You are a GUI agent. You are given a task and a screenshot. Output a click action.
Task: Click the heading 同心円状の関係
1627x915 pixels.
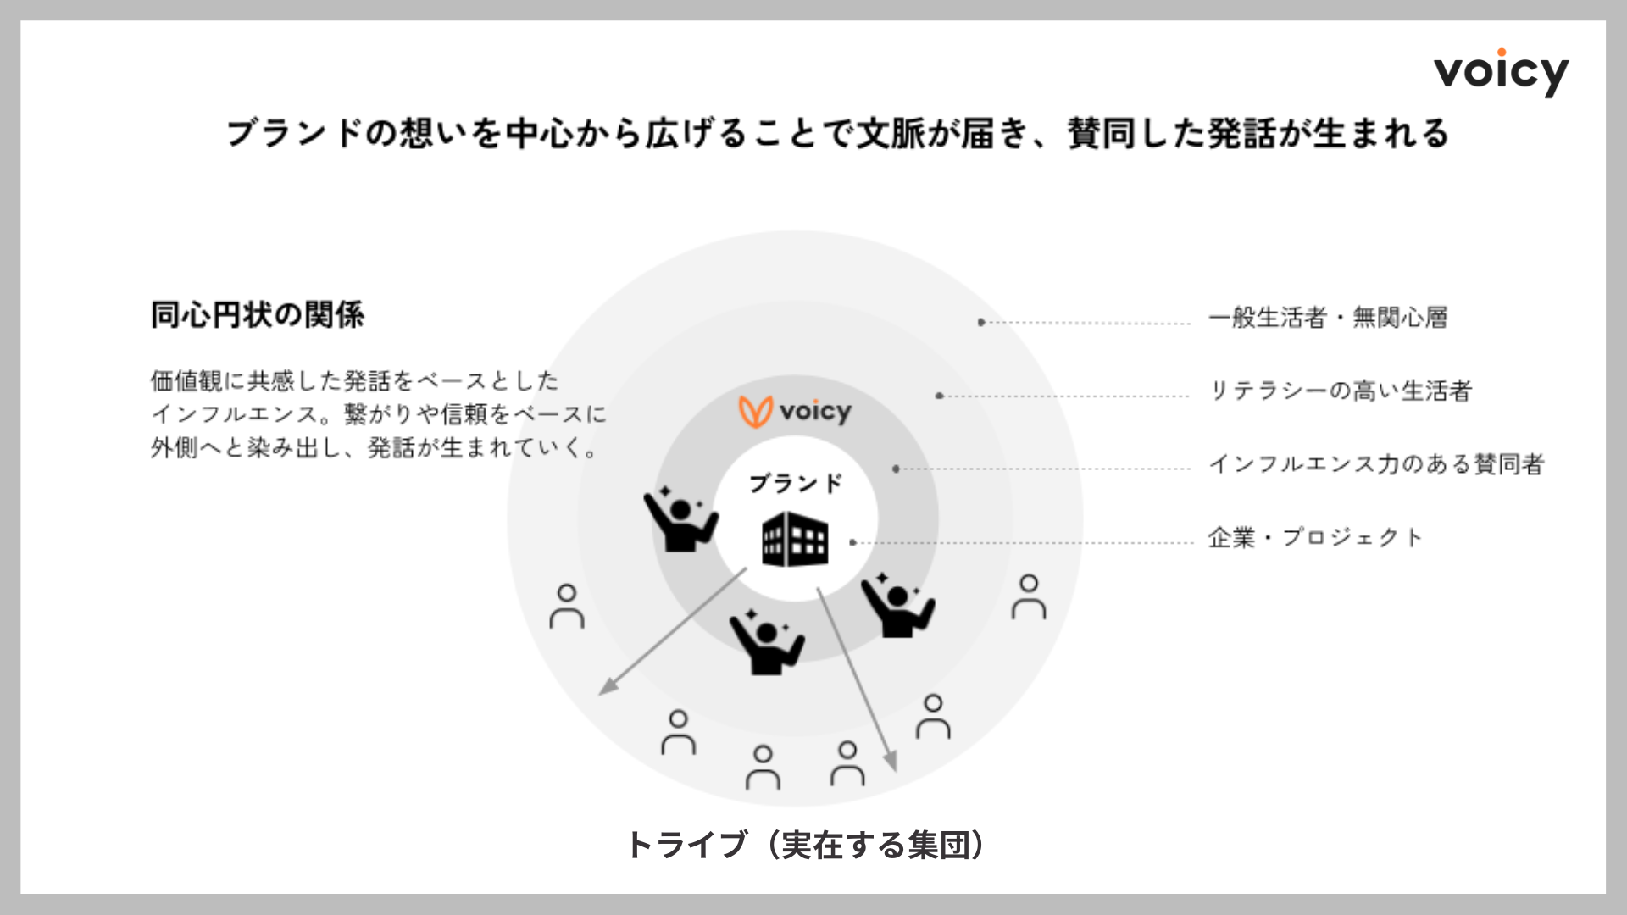[258, 315]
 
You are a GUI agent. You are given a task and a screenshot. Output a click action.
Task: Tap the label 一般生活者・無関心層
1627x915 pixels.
[1328, 318]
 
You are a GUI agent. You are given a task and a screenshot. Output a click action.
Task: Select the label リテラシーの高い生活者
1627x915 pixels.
[1340, 391]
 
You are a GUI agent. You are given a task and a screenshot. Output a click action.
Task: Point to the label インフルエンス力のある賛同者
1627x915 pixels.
[1376, 463]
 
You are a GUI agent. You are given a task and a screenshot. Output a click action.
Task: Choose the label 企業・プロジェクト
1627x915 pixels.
[1315, 537]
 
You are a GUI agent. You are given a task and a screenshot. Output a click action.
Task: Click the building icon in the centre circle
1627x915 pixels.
[794, 539]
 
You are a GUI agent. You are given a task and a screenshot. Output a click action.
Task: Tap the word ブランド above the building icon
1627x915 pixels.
[796, 484]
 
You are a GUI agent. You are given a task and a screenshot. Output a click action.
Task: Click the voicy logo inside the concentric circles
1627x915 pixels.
[795, 412]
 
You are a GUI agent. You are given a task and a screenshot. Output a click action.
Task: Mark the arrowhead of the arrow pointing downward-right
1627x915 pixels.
[891, 765]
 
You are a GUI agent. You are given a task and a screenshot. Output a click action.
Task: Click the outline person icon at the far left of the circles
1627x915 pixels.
[567, 607]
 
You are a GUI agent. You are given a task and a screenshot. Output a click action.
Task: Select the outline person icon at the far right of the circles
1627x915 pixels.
[1029, 596]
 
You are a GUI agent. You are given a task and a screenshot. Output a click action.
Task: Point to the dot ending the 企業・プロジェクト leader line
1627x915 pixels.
[852, 542]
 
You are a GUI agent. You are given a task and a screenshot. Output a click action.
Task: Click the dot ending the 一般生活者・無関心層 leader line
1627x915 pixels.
[980, 322]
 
